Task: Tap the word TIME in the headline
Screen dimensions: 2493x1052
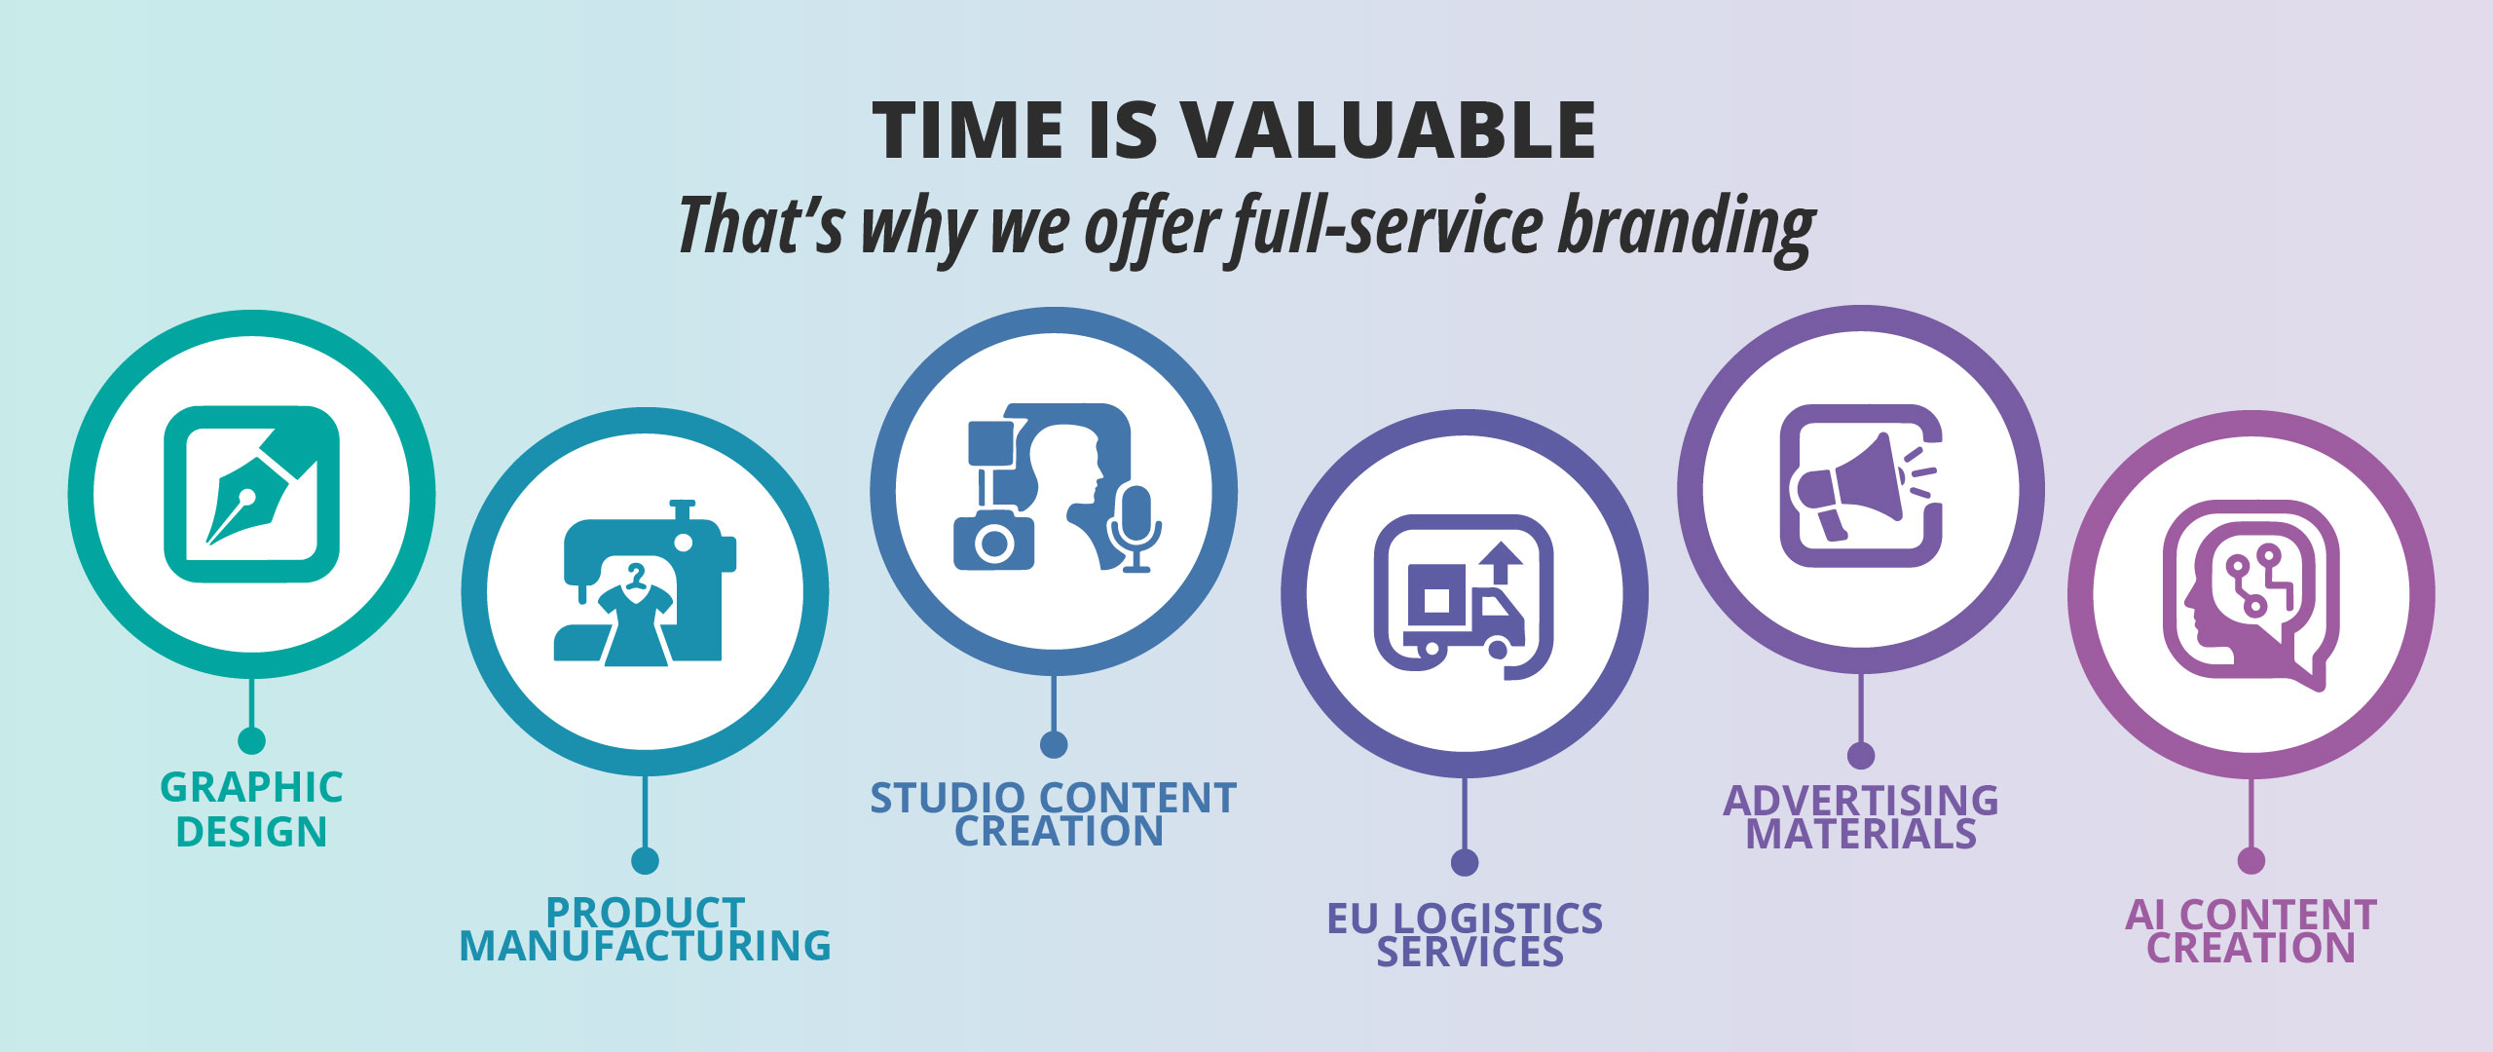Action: coord(968,131)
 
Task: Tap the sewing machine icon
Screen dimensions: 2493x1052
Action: coord(645,582)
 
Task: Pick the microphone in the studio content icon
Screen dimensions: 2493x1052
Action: coord(1135,527)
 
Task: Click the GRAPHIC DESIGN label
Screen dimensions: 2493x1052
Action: coord(251,809)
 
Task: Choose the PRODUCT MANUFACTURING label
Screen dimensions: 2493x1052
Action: coord(645,929)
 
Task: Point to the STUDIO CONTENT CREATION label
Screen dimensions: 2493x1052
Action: coord(1054,814)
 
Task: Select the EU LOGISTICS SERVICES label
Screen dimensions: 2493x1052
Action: coord(1465,934)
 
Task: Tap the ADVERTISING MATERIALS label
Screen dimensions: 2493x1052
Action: coord(1861,816)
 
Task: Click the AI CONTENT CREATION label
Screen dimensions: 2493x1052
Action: coord(2251,930)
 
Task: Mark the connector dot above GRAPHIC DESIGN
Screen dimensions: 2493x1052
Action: coord(251,740)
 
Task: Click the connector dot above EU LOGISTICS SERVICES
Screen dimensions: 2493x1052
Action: coord(1465,862)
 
